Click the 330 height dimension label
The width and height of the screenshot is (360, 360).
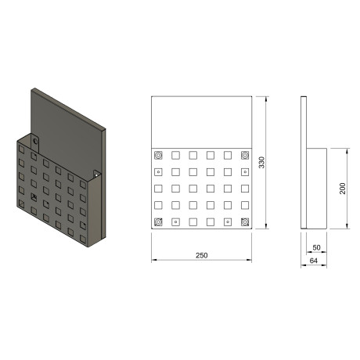(x=261, y=162)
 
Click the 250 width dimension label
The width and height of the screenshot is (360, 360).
(x=202, y=255)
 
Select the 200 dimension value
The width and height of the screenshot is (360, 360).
(x=343, y=189)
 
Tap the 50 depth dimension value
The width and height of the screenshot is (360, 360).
(x=316, y=247)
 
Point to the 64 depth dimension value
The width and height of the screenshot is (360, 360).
(x=314, y=261)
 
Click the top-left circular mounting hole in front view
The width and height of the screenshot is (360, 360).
(x=158, y=156)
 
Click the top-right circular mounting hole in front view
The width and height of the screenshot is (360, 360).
(x=245, y=156)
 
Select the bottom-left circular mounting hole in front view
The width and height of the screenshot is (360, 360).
(x=158, y=222)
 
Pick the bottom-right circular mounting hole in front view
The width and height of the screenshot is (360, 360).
(x=245, y=222)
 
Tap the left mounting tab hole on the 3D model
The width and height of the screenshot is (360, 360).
(x=35, y=142)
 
